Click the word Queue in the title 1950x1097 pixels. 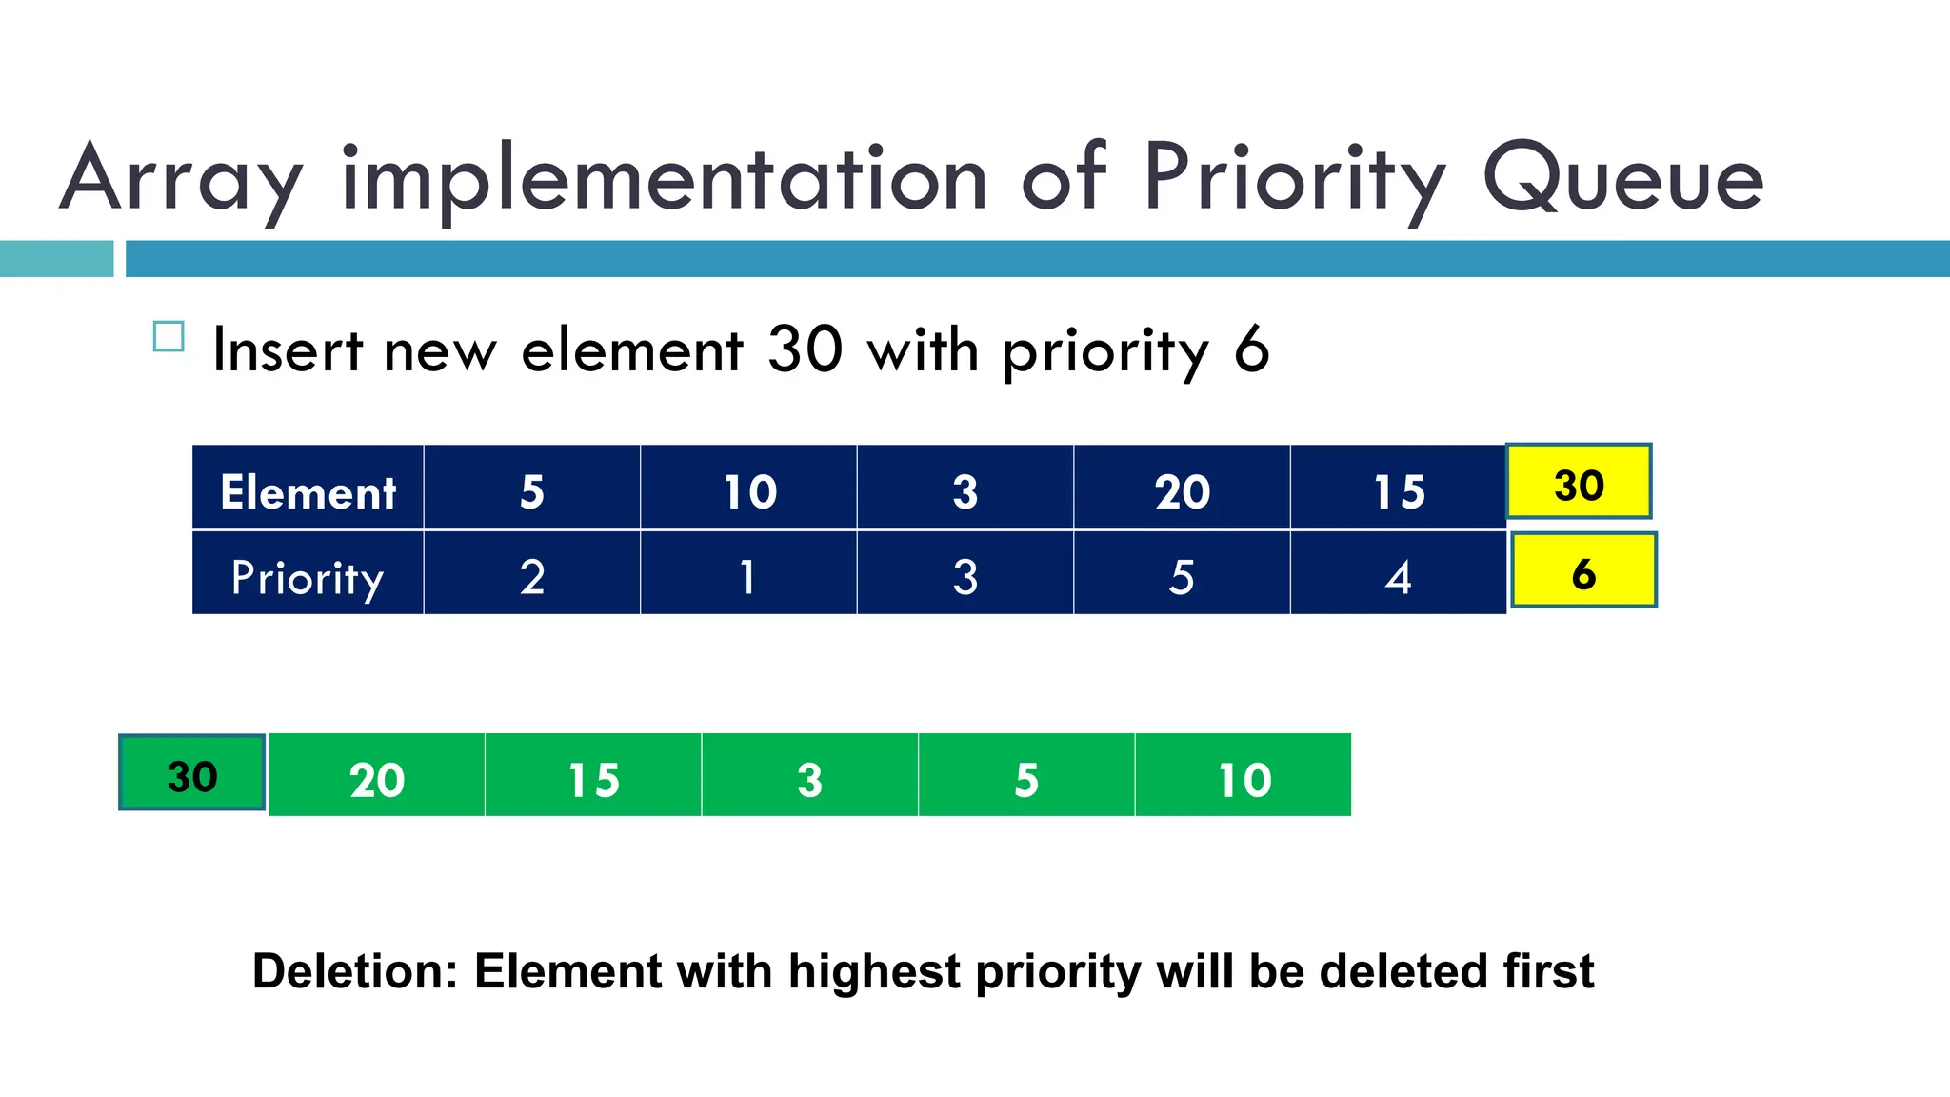pos(1622,178)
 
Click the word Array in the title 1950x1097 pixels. pos(181,178)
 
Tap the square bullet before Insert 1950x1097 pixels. pos(169,337)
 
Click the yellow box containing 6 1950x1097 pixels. pos(1583,570)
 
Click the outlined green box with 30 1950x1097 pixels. pos(192,772)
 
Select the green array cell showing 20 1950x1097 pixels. pos(377,776)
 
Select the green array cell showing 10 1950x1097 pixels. pos(1244,776)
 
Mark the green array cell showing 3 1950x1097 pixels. pos(809,776)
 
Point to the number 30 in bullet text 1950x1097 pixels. pos(805,349)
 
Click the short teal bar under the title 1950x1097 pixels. pos(56,259)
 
